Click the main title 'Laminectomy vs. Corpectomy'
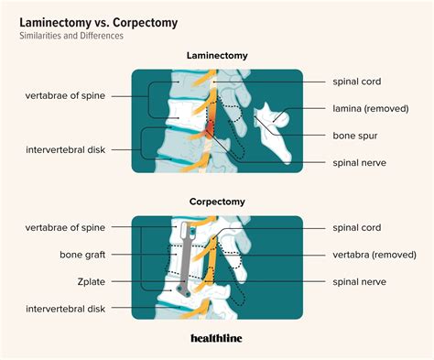pos(88,18)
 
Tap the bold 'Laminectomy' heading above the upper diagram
pos(217,56)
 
